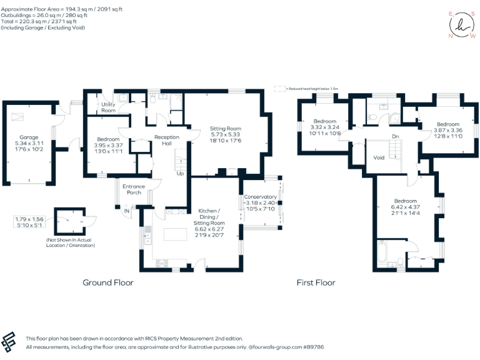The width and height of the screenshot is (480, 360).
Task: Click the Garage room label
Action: pos(29,137)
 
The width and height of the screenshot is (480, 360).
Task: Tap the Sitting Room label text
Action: pos(225,129)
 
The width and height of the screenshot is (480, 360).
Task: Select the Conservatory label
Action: pos(261,197)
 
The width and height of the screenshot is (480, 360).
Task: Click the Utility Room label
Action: pos(108,107)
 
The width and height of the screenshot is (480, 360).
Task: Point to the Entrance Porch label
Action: pos(134,189)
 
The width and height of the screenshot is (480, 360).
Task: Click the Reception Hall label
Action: pos(167,140)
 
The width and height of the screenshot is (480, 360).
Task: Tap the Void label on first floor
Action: pos(379,158)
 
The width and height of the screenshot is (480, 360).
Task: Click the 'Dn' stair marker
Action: pos(395,136)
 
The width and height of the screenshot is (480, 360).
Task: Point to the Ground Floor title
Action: pos(108,282)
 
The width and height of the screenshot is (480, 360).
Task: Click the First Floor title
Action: pos(316,282)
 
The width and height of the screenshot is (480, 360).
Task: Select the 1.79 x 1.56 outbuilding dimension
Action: pos(29,219)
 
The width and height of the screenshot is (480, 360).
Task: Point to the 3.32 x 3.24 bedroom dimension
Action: pos(325,127)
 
